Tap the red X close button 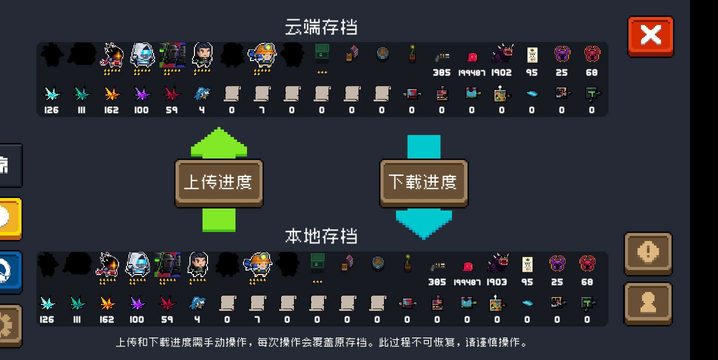[x=650, y=36]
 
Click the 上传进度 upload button [x=219, y=183]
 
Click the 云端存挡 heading [x=321, y=27]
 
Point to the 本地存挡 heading [x=321, y=236]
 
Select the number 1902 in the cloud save [x=501, y=73]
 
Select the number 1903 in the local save [x=497, y=282]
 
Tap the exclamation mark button [x=648, y=253]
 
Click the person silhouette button [x=648, y=303]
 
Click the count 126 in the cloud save [x=51, y=110]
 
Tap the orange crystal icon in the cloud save [x=111, y=94]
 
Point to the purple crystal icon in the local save [x=137, y=303]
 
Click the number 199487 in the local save [x=467, y=282]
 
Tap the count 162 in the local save [x=106, y=319]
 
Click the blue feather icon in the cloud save [x=532, y=93]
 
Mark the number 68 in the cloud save [x=591, y=73]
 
